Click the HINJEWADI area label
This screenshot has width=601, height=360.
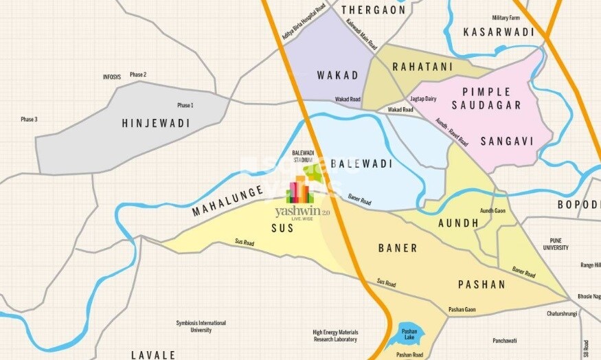(x=155, y=123)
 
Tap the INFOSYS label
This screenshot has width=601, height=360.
(x=111, y=77)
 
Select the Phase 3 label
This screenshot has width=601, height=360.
(x=29, y=120)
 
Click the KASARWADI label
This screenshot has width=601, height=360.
(x=495, y=32)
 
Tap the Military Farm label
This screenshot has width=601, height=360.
(x=509, y=18)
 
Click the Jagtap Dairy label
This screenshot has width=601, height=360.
(x=423, y=99)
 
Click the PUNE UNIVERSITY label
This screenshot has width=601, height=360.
(x=556, y=244)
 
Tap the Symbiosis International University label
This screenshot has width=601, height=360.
(x=201, y=326)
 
